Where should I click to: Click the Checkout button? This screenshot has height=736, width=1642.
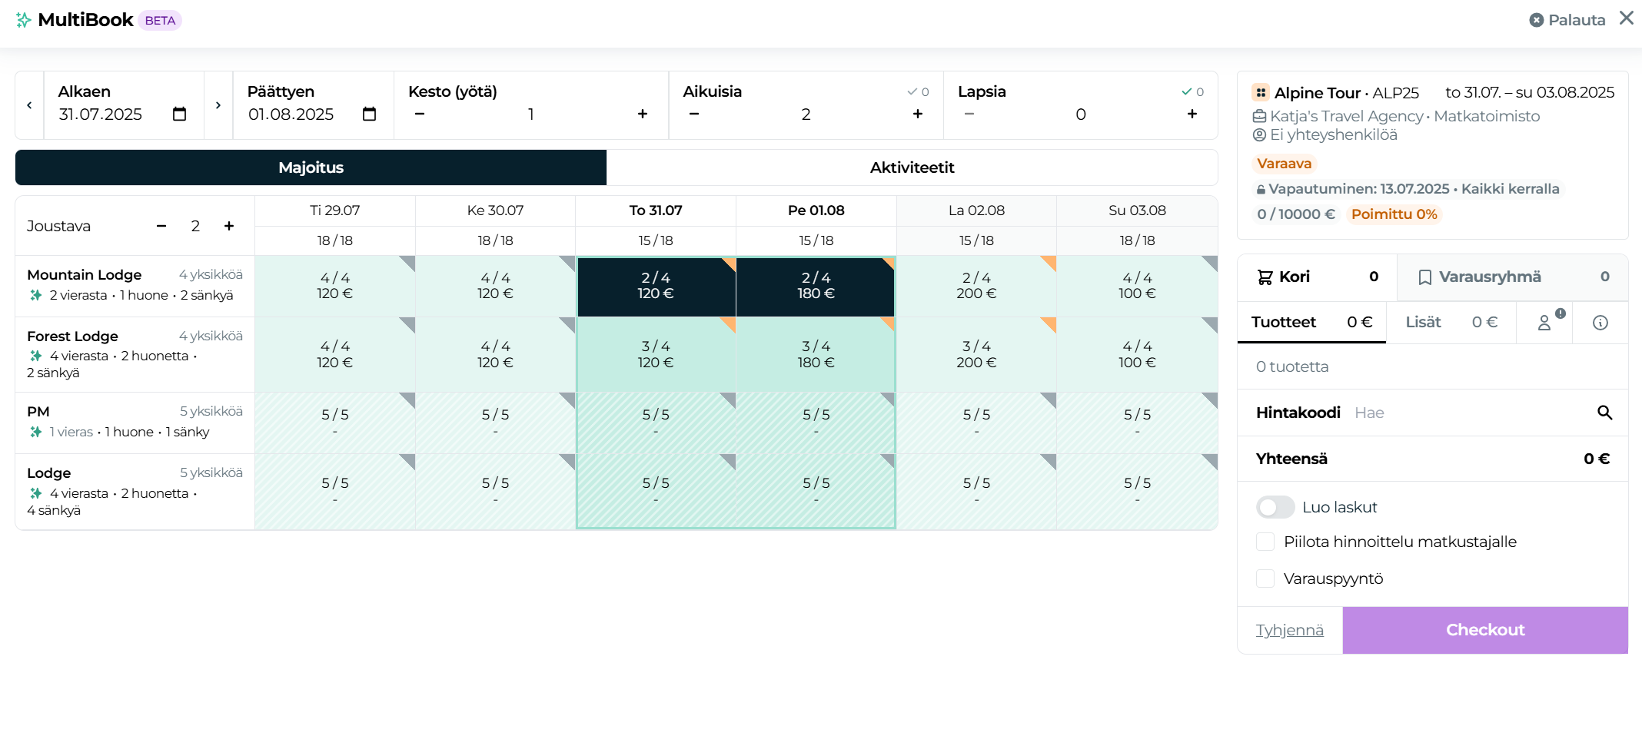tap(1484, 630)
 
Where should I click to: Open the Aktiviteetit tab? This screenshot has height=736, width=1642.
tap(912, 167)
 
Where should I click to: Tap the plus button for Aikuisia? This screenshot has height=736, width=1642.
tap(917, 114)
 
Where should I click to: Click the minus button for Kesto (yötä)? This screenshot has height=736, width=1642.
tap(420, 114)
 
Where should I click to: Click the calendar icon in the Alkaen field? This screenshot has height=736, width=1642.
tap(179, 114)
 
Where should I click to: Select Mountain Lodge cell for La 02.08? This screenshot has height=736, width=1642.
tap(976, 286)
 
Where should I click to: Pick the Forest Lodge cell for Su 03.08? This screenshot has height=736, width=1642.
tap(1136, 354)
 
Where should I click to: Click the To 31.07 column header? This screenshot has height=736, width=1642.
tap(655, 211)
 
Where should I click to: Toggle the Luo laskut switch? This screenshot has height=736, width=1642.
tap(1275, 507)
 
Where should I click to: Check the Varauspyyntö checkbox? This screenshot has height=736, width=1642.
tap(1265, 579)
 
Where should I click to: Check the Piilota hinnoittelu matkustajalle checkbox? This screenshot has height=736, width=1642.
tap(1265, 542)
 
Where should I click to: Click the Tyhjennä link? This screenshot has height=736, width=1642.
tap(1289, 630)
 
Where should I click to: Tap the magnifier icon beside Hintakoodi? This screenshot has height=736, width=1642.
tap(1604, 413)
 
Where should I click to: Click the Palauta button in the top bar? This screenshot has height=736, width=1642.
tap(1567, 20)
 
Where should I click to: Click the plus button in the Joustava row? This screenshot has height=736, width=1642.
tap(228, 226)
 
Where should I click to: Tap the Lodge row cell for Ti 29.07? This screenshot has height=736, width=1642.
tap(334, 491)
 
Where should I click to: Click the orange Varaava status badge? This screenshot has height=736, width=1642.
tap(1284, 164)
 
